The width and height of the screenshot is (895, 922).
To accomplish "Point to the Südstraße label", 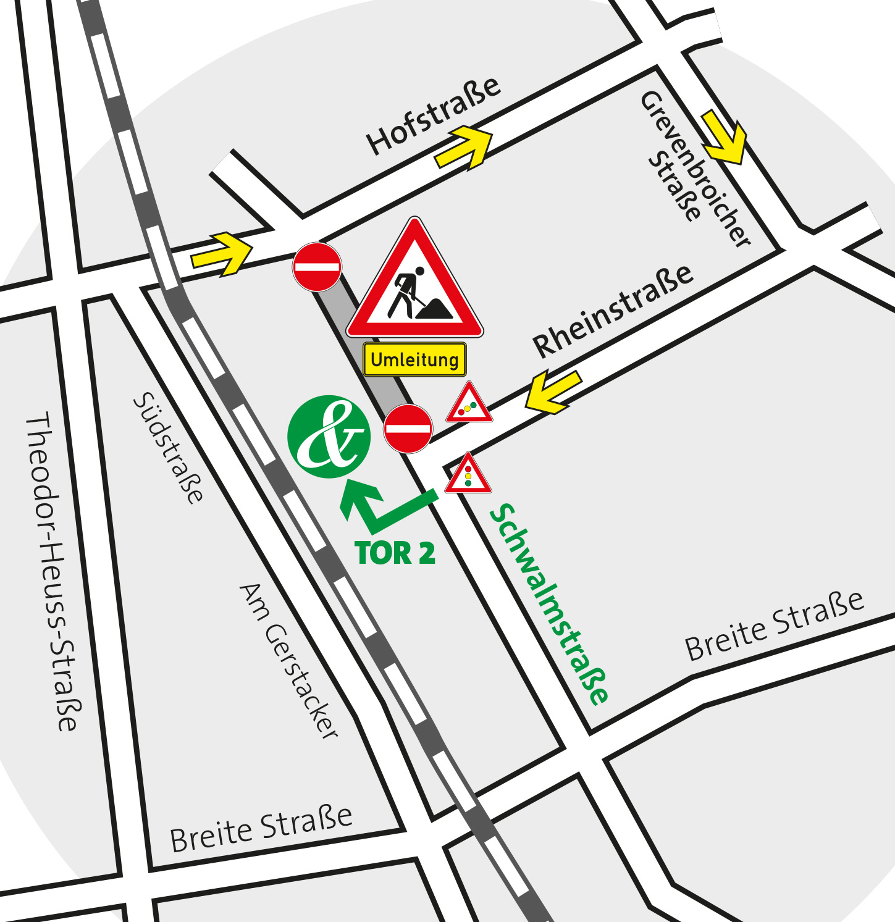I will coord(168,448).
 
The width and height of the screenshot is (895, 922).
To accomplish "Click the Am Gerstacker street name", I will coord(289,660).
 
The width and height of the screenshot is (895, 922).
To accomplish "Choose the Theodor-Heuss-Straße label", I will coord(52,571).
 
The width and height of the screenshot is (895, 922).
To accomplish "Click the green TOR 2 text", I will coord(395,553).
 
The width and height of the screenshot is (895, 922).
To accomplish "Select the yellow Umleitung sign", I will coord(414,359).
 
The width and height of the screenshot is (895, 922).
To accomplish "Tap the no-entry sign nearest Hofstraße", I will coord(317,267).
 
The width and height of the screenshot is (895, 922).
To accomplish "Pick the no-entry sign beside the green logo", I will coord(408,429).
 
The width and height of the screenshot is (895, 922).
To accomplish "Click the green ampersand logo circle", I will coord(329,437).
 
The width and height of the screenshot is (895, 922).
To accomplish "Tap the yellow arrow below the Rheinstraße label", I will coord(553,392).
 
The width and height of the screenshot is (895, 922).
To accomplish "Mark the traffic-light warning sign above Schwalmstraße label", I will coord(468,475).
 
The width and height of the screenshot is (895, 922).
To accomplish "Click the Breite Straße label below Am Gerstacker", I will coord(261,829).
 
